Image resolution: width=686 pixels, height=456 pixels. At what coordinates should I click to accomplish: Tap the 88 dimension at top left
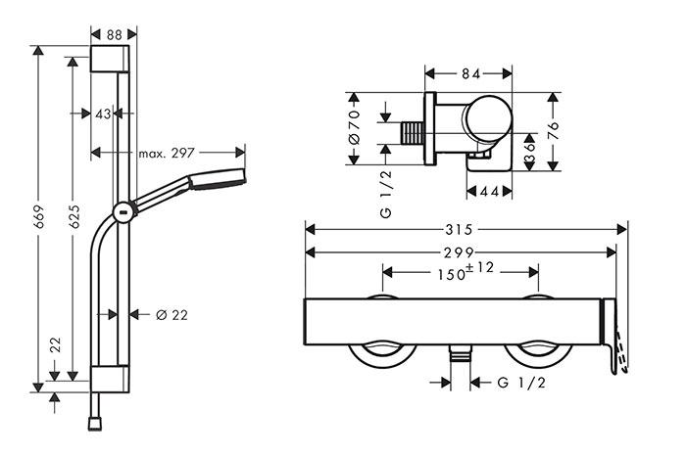114,33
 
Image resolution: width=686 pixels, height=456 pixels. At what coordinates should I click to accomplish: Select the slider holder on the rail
122,210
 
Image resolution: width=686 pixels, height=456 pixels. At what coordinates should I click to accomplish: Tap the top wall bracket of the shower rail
109,58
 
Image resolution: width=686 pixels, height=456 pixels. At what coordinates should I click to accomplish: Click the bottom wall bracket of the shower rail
109,378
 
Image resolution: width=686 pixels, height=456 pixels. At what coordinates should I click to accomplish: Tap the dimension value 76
555,132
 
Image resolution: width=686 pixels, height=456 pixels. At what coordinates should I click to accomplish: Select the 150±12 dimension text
460,273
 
